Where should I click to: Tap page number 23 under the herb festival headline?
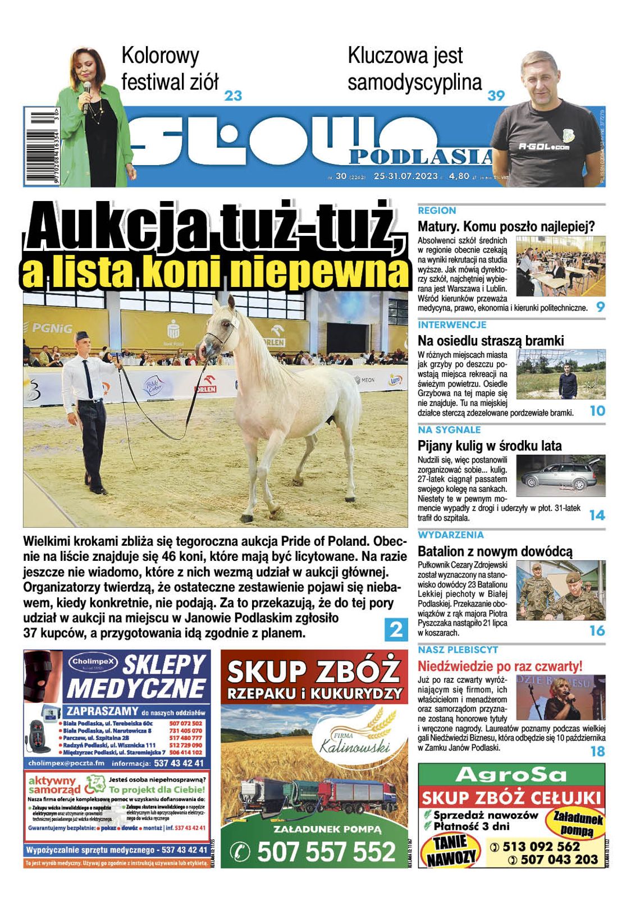pos(233,95)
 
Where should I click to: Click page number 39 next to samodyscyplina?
pos(496,95)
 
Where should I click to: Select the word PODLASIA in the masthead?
pos(421,156)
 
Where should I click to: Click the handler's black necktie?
pos(88,378)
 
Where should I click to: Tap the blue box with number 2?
pos(396,629)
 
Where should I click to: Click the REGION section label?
pos(437,211)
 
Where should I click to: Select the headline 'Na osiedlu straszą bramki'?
pos(490,340)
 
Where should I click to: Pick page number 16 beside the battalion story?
pos(597,630)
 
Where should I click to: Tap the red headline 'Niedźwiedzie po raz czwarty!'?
pos(500,666)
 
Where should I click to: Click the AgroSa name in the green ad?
pos(511,775)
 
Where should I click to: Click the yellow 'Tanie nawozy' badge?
pos(450,849)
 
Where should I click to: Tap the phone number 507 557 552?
pos(327,851)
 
